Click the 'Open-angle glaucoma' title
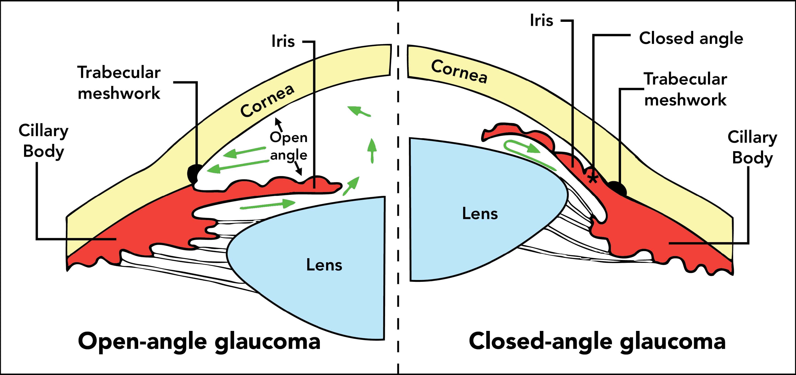(199, 341)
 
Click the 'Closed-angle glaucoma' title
(597, 341)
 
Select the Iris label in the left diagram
(283, 41)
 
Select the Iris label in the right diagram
(541, 20)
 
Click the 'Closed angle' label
(691, 39)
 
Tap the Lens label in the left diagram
(324, 265)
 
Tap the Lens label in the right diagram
(480, 214)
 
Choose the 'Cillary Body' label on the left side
(43, 141)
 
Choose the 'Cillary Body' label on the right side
(752, 147)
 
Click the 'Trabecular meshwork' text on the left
(119, 82)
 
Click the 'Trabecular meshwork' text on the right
(685, 89)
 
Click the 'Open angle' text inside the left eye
(289, 146)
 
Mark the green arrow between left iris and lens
(268, 205)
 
